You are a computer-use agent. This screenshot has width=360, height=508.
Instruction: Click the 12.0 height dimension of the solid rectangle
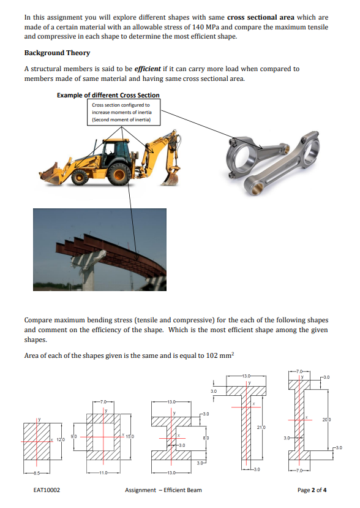click(61, 439)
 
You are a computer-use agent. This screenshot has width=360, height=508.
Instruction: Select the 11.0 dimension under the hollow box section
click(103, 473)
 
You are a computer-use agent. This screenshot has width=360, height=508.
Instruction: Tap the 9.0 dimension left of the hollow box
click(74, 436)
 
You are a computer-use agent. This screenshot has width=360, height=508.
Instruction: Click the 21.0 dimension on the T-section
click(261, 427)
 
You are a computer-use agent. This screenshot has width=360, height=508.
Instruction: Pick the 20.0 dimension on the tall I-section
click(326, 420)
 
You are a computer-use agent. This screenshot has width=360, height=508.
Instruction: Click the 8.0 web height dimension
click(205, 438)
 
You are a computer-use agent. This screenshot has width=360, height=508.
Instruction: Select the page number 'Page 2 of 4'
click(312, 490)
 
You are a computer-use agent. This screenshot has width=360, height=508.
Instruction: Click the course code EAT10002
click(47, 490)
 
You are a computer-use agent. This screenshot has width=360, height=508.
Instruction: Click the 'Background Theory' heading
click(57, 53)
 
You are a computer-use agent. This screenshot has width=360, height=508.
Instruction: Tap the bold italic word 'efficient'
click(148, 69)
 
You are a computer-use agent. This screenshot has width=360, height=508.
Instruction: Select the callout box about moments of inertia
click(124, 112)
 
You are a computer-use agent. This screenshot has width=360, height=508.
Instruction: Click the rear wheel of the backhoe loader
click(119, 174)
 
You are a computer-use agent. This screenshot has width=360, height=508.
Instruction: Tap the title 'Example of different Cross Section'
click(108, 95)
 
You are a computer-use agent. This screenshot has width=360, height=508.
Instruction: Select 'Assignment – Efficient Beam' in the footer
click(163, 490)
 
